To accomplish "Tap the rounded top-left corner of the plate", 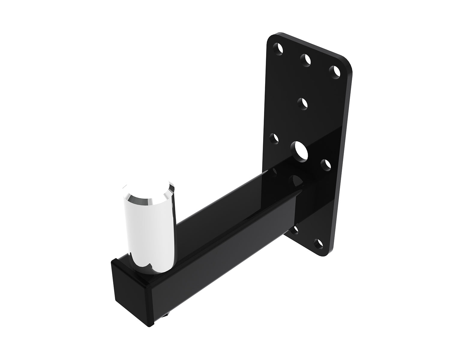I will pos(271,38).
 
